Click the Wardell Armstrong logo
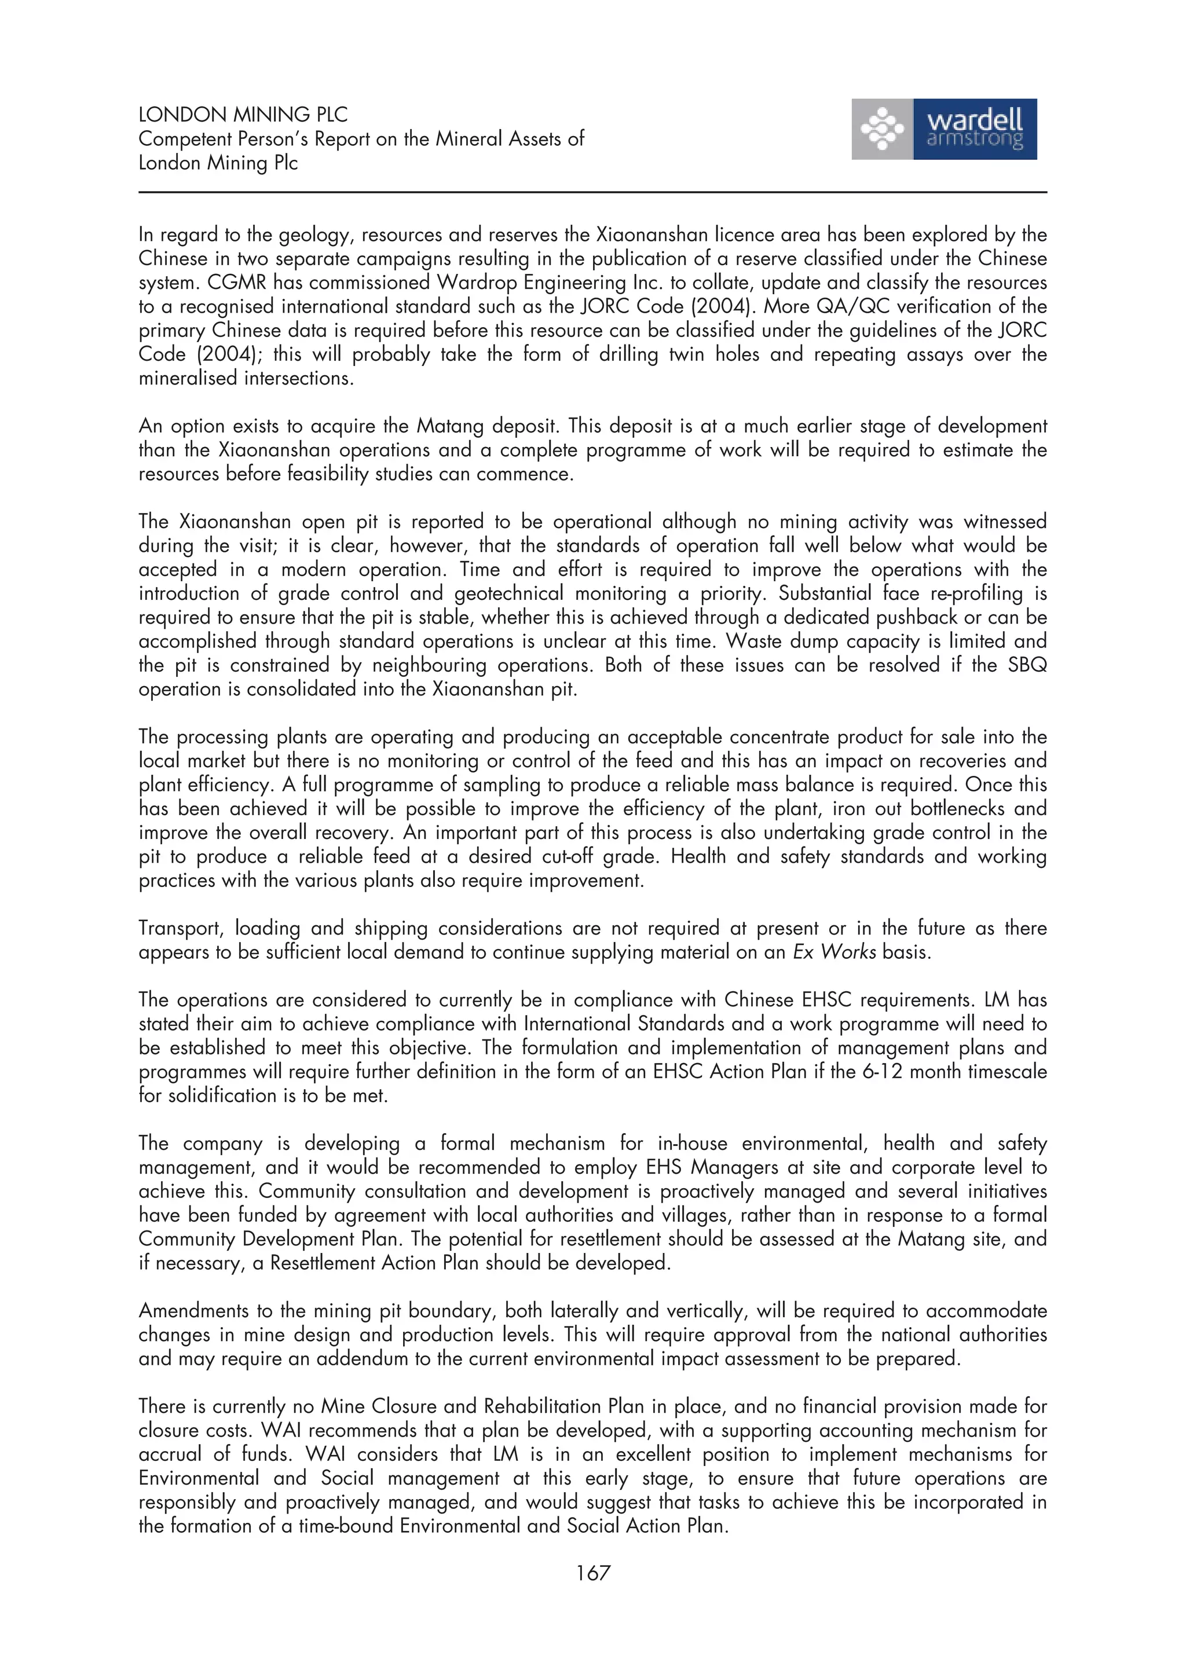[943, 129]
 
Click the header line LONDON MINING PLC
[243, 115]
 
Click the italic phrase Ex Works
[834, 952]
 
